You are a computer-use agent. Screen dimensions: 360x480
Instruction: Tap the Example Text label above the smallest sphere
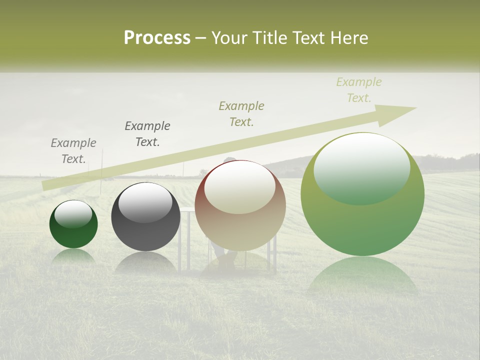coord(73,150)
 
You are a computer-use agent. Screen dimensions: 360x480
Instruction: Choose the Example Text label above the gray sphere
coord(147,133)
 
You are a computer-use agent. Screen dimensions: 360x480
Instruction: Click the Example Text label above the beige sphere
coord(241,113)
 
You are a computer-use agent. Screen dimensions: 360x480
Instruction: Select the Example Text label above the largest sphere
coord(359,90)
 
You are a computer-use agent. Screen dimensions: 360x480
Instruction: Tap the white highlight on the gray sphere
coord(145,201)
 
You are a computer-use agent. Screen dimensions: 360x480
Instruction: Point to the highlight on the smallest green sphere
coord(73,214)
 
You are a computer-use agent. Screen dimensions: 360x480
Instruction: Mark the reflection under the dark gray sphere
coord(145,262)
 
